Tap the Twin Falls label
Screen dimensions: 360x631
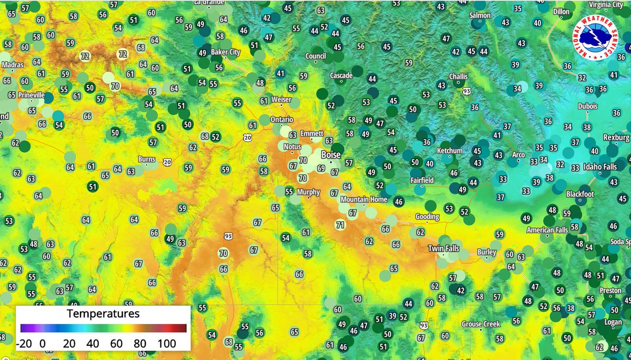[x=443, y=249]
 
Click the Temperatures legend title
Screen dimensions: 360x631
[x=103, y=314]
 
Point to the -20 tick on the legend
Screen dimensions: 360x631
[x=24, y=344]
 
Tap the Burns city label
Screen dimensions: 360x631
[x=146, y=159]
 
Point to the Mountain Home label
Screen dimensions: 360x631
[x=364, y=200]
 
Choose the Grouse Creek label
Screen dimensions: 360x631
[x=481, y=324]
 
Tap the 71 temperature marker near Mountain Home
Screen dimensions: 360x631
[x=340, y=225]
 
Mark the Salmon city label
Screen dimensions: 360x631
[x=480, y=16]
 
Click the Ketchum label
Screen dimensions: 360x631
[x=450, y=151]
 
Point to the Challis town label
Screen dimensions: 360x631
[x=458, y=76]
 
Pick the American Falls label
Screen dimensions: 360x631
[x=548, y=230]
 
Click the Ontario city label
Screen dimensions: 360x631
[x=282, y=119]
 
